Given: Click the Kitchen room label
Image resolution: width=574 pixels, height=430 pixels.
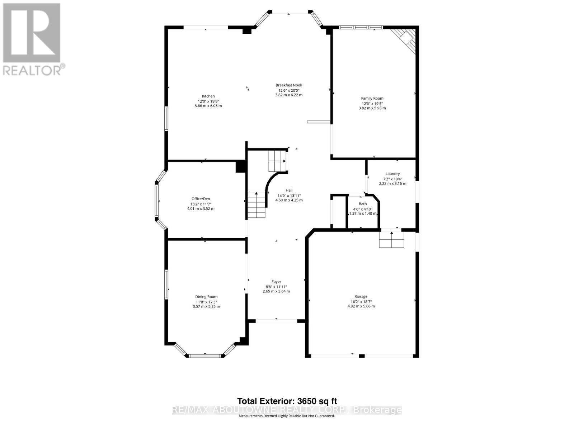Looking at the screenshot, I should coord(208,96).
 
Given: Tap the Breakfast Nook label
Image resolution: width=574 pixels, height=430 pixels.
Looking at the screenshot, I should coord(289,85).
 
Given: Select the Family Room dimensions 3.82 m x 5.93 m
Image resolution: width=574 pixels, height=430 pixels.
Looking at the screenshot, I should coord(372,108).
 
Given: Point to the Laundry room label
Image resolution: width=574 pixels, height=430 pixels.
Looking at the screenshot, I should coord(392,174).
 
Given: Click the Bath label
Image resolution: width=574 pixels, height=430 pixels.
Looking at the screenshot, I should coord(363,204).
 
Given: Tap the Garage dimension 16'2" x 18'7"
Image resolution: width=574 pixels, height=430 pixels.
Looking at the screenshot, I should coord(361,301).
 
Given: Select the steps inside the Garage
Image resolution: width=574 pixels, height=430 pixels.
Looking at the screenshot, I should coord(392,240).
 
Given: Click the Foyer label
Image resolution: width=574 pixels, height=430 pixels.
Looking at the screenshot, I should coord(276,282).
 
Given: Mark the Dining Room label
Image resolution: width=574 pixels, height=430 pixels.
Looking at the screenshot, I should coord(206,297).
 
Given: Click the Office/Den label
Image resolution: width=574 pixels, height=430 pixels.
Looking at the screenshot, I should coord(201,199).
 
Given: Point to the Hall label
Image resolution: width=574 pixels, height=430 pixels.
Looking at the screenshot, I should coord(289,191).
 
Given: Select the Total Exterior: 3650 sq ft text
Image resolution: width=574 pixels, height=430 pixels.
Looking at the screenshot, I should coord(287,401).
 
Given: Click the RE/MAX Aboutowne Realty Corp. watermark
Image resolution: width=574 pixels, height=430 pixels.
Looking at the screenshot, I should coord(287,410).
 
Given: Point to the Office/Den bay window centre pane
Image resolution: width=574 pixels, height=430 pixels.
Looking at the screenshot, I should coord(157,201).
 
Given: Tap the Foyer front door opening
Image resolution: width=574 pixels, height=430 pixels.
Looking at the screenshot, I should coord(276,321).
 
